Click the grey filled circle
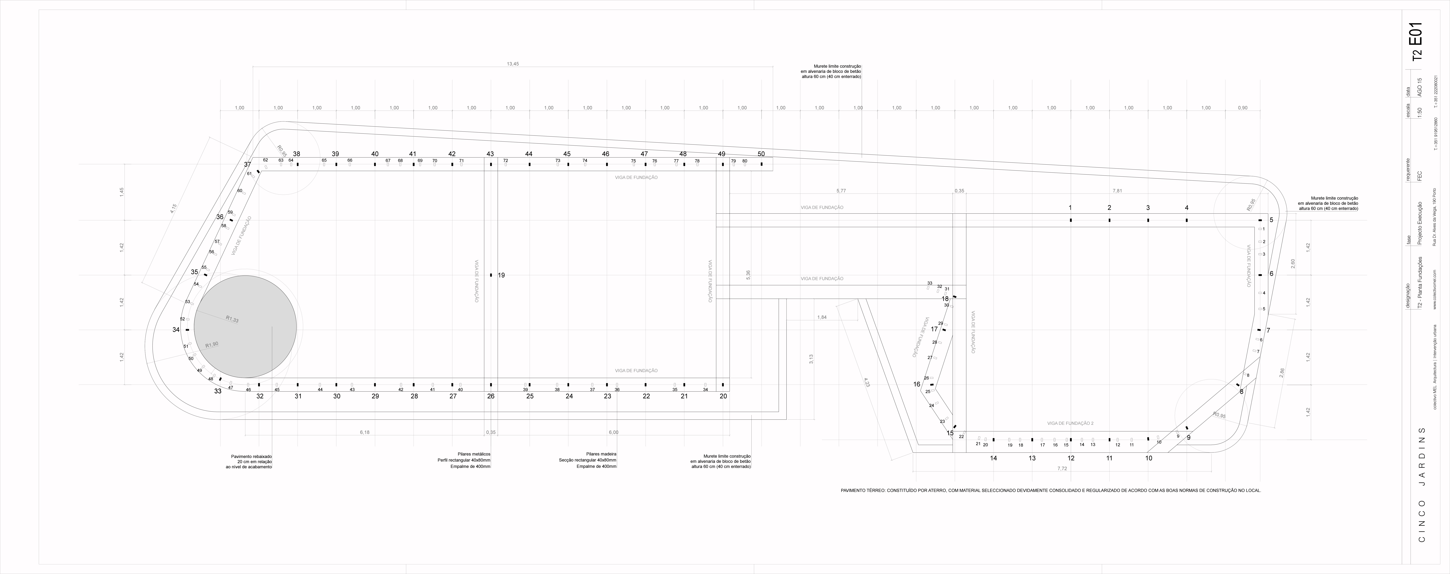[x=245, y=326]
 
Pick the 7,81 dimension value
[x=1117, y=191]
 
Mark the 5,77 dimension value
[x=841, y=191]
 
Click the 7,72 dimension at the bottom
[x=1062, y=468]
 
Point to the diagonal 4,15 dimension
[x=173, y=208]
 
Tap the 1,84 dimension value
[x=822, y=317]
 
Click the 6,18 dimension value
[x=365, y=432]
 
